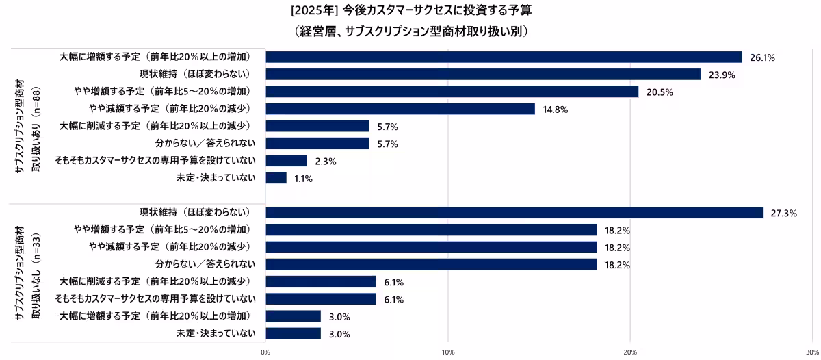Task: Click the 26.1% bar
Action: click(504, 57)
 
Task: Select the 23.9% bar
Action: click(483, 74)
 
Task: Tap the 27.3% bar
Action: click(514, 212)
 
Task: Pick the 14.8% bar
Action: click(400, 109)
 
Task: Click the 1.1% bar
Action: click(276, 178)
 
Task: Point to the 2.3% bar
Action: click(286, 161)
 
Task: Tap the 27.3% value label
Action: click(784, 213)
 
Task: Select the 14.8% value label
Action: click(556, 110)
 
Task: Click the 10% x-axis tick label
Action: click(448, 352)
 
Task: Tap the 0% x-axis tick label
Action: click(265, 352)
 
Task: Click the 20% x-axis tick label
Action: click(630, 352)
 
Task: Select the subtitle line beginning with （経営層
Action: click(410, 31)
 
